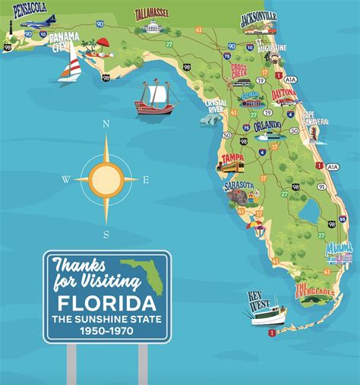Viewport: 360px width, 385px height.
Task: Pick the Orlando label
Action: coord(267,125)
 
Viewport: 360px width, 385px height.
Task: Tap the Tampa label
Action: coord(232,158)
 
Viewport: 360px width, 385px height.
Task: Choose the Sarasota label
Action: coord(239,185)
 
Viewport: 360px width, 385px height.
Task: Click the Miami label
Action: coord(339,248)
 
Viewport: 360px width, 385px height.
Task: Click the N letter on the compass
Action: coord(106,123)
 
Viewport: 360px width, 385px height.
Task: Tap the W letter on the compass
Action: coord(66,180)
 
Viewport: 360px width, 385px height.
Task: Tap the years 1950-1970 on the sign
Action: coord(106,330)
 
